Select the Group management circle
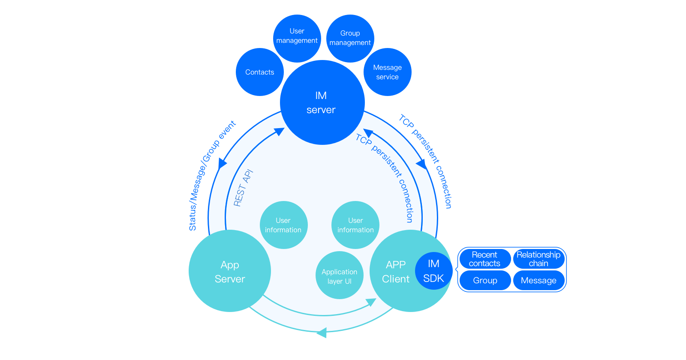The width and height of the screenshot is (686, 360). point(350,38)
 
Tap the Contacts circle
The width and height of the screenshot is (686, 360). point(259,72)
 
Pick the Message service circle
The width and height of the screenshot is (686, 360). point(387,72)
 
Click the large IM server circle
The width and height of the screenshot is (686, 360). point(322,103)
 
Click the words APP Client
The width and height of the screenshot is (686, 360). point(395,272)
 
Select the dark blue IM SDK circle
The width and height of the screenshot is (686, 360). point(433,271)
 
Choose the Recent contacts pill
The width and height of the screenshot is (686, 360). point(485,259)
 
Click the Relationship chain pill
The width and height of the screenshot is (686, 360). point(539,259)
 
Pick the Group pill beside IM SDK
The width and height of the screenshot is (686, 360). point(485,280)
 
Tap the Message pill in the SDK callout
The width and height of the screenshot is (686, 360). point(539,280)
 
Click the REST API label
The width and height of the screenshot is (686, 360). point(243,188)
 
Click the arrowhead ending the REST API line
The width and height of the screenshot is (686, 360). point(280,132)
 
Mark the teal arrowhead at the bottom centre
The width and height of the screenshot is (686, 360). point(322,332)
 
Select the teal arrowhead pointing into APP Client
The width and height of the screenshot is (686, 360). point(371,303)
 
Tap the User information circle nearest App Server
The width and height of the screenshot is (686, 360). point(283,225)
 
